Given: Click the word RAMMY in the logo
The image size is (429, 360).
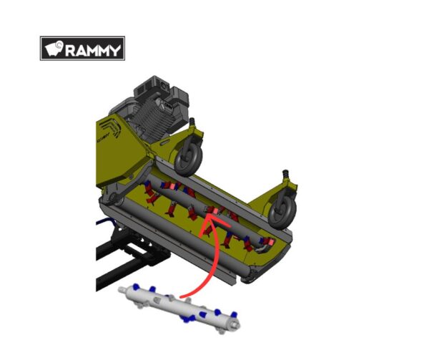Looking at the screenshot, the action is [93, 50].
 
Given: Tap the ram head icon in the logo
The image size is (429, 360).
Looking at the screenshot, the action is [54, 49].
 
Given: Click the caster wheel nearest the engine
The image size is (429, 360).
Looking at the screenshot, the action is [188, 158].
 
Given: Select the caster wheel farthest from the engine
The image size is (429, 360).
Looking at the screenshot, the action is [282, 209].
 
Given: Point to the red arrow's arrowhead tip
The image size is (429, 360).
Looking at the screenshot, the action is [208, 215].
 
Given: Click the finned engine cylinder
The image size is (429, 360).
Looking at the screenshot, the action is [153, 115].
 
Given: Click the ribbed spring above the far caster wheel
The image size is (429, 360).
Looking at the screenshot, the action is [285, 174].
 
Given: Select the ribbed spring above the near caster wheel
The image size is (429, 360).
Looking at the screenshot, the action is [193, 121].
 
